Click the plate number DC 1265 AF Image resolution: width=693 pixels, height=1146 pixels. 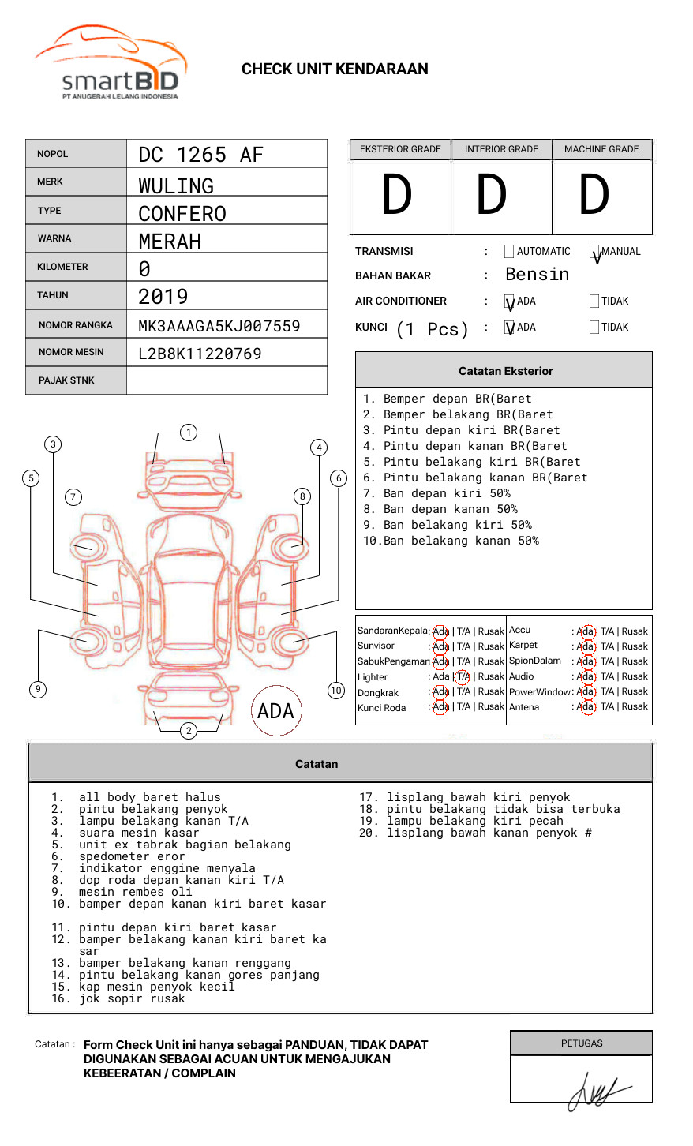click(200, 155)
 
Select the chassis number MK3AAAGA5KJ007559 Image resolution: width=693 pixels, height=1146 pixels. click(219, 326)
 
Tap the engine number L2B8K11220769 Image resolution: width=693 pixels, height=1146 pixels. click(200, 354)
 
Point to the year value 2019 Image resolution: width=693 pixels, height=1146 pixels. click(163, 297)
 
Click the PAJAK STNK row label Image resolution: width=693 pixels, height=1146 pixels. click(66, 380)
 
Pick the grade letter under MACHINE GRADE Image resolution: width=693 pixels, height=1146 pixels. click(594, 195)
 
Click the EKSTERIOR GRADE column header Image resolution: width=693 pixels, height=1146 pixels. click(400, 149)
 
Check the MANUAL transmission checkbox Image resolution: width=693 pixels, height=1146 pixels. click(594, 252)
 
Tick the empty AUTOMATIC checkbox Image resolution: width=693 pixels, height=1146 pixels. click(509, 252)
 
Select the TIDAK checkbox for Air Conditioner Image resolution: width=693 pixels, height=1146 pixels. click(594, 301)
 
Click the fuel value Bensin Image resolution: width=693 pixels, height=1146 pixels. click(537, 275)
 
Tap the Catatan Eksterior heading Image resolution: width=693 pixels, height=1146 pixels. click(505, 371)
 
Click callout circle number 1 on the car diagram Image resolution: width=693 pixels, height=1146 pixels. click(188, 432)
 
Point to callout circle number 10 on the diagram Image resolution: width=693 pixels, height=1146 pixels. click(336, 691)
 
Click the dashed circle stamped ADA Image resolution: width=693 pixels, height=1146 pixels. click(275, 711)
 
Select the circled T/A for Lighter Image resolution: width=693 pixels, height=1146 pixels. click(463, 676)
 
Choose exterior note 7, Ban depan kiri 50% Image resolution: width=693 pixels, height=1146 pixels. click(436, 493)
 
